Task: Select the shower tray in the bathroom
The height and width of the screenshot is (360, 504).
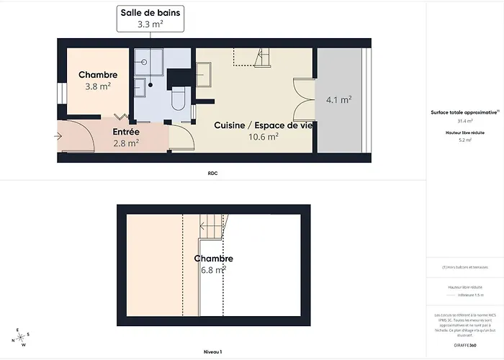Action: pyautogui.click(x=148, y=62)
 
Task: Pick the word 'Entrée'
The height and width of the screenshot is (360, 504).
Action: pyautogui.click(x=126, y=132)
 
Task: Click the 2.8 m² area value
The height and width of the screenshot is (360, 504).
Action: pyautogui.click(x=126, y=143)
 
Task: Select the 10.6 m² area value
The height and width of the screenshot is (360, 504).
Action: pyautogui.click(x=263, y=137)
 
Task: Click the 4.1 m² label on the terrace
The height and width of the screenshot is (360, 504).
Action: pyautogui.click(x=338, y=100)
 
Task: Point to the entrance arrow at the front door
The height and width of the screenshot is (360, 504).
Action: pyautogui.click(x=58, y=135)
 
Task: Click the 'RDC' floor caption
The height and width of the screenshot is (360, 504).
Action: pyautogui.click(x=212, y=174)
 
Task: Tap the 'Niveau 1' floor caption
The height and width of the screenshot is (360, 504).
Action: pyautogui.click(x=212, y=352)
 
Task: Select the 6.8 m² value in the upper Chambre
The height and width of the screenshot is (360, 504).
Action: pyautogui.click(x=213, y=269)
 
